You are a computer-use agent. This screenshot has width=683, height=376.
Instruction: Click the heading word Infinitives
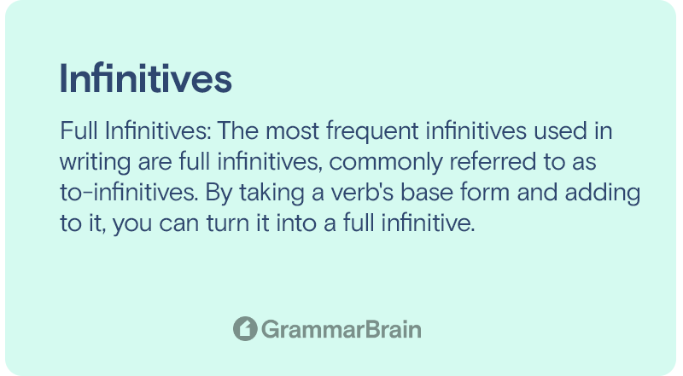[x=145, y=78]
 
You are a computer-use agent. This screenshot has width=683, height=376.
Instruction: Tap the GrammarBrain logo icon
[x=245, y=328]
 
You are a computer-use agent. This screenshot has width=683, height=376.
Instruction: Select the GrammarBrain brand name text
[x=341, y=329]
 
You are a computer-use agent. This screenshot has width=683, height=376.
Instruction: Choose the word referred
[x=493, y=162]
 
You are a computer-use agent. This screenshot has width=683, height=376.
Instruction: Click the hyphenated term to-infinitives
[x=129, y=193]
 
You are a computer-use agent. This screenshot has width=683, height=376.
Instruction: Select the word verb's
[x=362, y=193]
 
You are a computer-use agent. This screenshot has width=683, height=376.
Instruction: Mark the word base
[x=427, y=193]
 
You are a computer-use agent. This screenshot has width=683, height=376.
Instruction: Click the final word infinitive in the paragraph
[x=428, y=223]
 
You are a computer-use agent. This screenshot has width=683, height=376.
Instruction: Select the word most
[x=293, y=131]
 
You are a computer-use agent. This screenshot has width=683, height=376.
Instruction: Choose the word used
[x=561, y=131]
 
